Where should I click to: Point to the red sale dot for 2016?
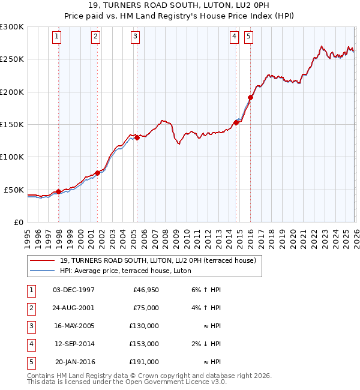coord(250,98)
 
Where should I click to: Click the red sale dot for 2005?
coord(137,137)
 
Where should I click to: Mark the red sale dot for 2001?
coord(98,173)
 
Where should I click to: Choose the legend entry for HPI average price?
coord(125,271)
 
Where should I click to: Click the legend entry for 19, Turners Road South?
coord(158,260)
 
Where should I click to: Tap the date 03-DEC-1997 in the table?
coord(73,290)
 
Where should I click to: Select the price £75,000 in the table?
coord(146,308)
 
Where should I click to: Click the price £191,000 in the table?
coord(144,362)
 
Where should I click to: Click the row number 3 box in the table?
coord(29,326)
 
